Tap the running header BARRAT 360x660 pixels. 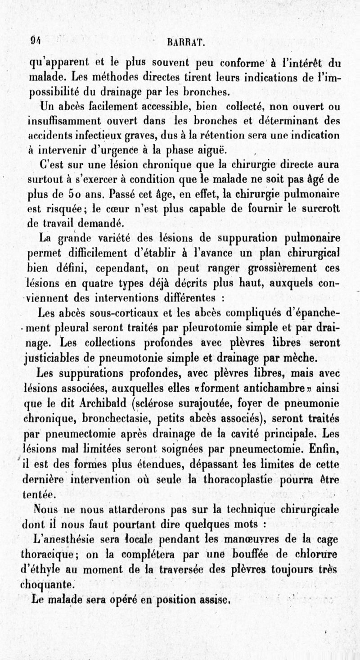(x=186, y=44)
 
